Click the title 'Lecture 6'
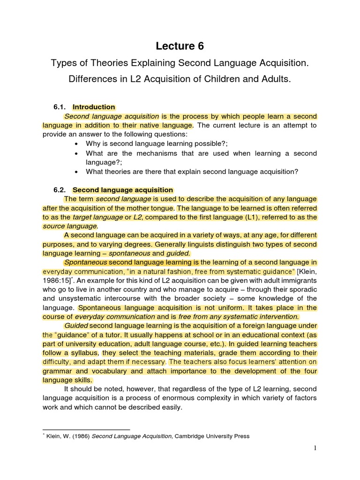pyautogui.click(x=180, y=46)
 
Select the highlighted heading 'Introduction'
pyautogui.click(x=94, y=107)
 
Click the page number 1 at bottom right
pyautogui.click(x=315, y=448)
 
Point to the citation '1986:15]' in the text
pyautogui.click(x=56, y=281)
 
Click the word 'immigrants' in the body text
pyautogui.click(x=300, y=281)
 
